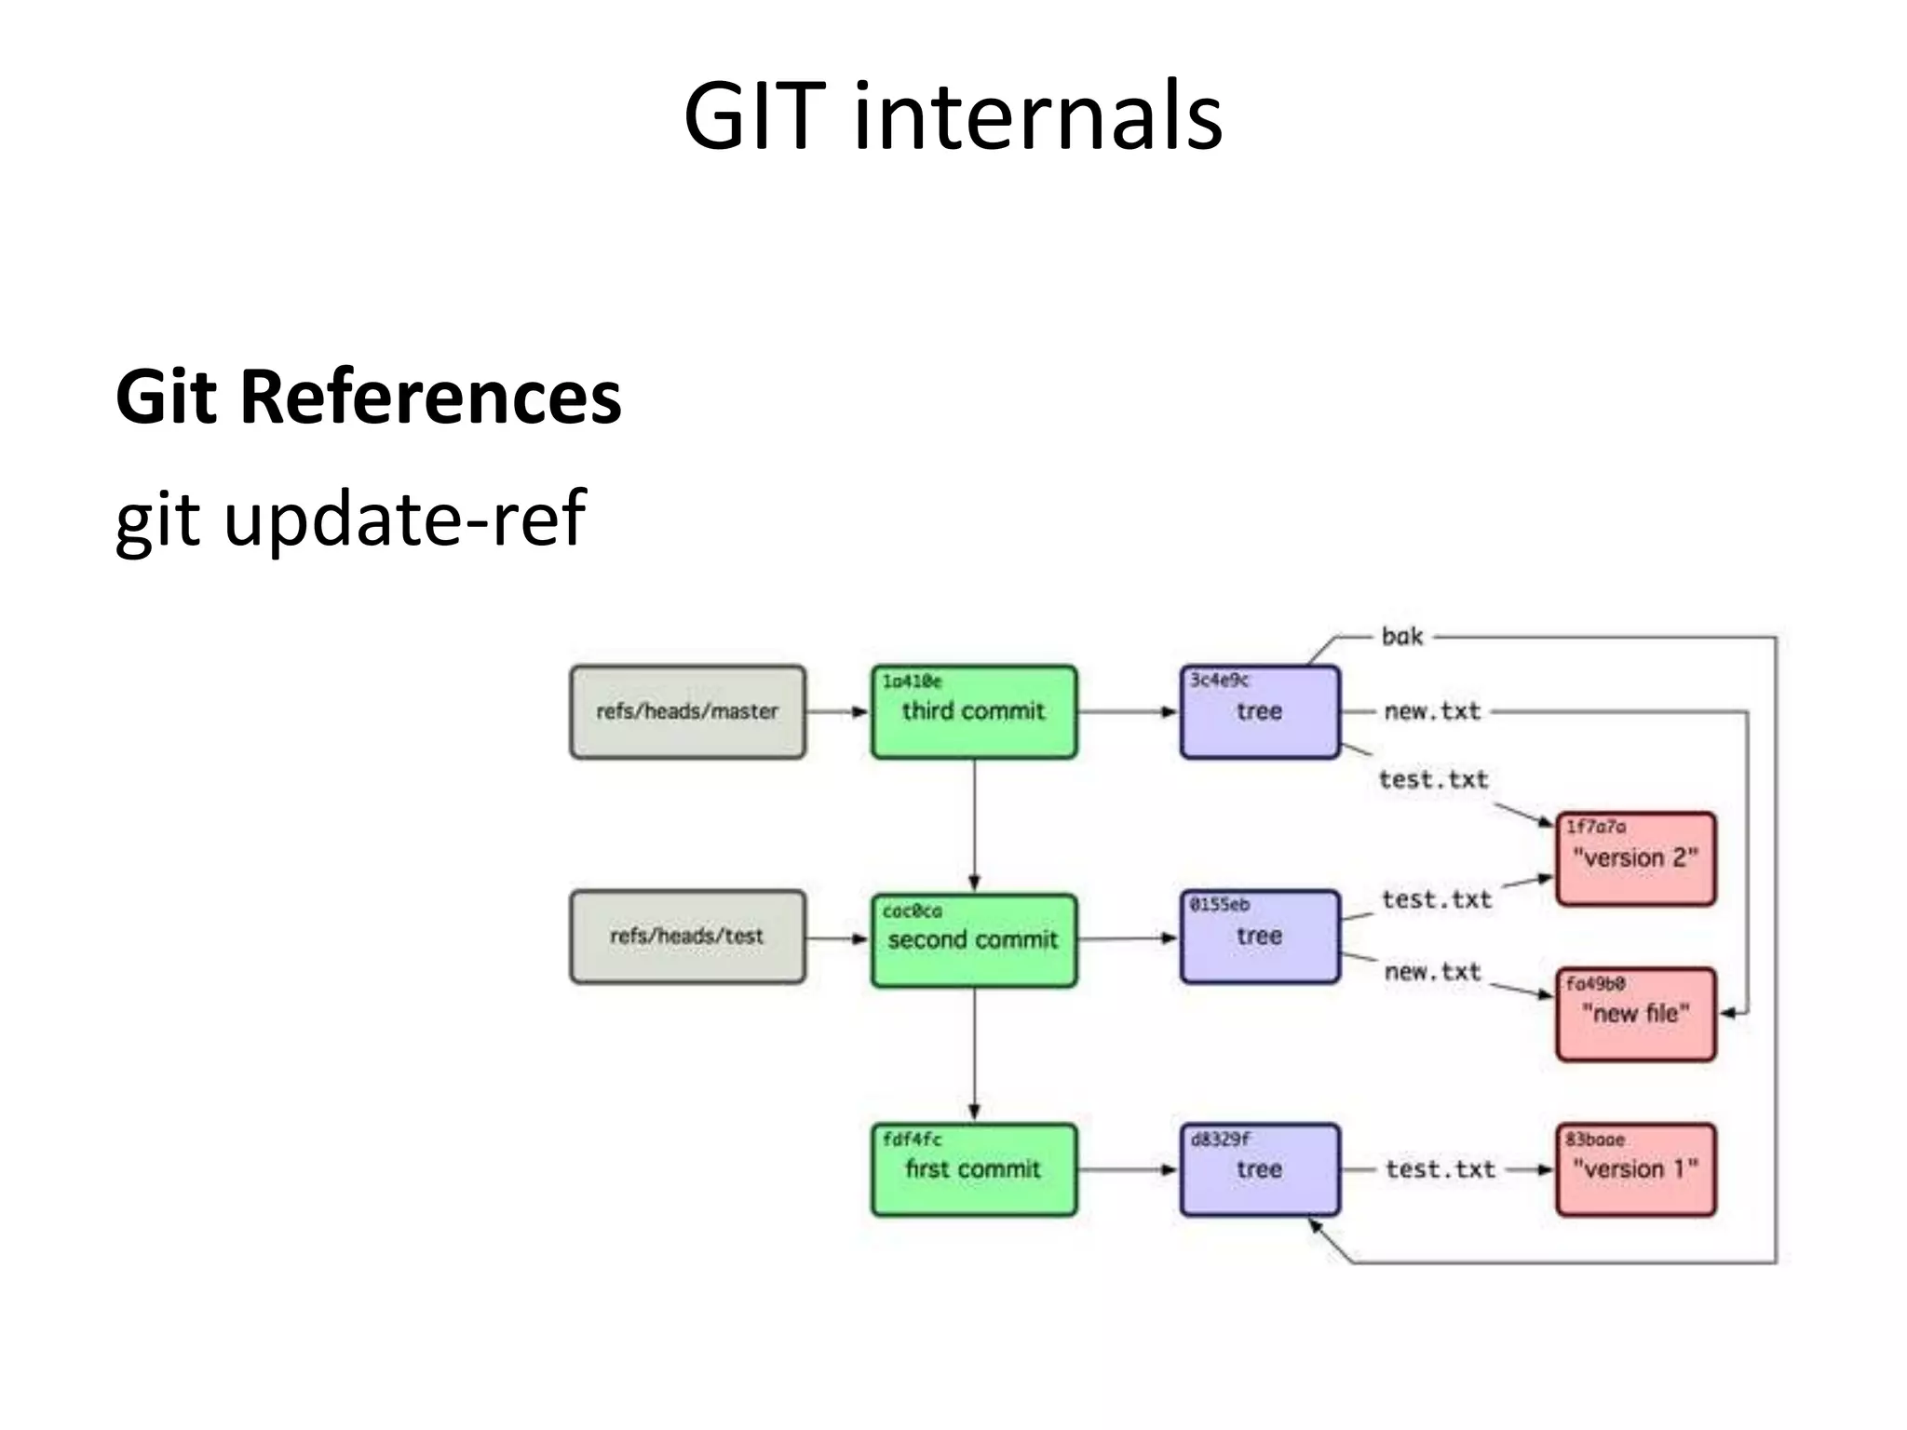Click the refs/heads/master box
687,712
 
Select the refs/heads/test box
687,937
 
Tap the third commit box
974,712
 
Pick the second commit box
974,940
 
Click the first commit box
974,1170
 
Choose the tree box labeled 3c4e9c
1259,712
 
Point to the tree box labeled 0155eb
1259,937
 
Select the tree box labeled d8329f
1259,1170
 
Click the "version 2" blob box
1635,858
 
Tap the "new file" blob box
1635,1014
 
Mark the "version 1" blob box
1635,1170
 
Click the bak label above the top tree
1401,638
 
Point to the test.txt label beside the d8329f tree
1440,1170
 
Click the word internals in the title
1037,116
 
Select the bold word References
430,398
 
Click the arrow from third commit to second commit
974,824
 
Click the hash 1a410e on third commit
912,681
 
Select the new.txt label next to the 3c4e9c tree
1431,712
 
